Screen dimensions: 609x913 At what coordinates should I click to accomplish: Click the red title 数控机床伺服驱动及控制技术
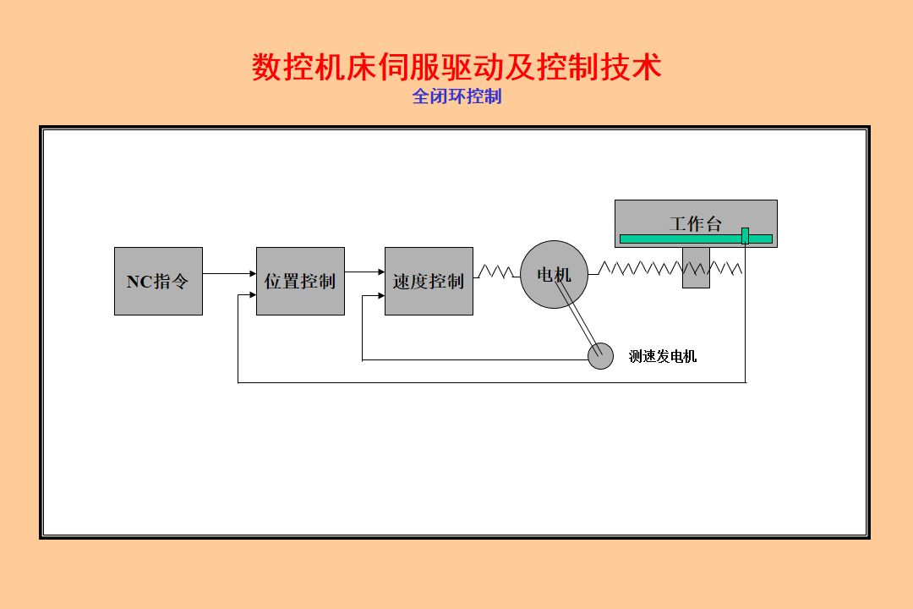pos(456,67)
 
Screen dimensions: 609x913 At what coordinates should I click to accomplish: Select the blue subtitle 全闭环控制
pos(456,96)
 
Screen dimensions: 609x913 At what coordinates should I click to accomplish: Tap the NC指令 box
pos(158,281)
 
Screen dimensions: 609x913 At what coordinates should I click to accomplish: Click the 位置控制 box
pos(300,281)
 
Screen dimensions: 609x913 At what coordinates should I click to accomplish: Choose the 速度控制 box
pos(429,281)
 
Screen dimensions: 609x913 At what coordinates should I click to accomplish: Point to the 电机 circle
pos(554,274)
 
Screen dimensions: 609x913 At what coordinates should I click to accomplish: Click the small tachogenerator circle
pos(601,356)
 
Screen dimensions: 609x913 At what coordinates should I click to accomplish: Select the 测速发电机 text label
pos(663,356)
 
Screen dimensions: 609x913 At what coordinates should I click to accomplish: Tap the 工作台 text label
pos(696,223)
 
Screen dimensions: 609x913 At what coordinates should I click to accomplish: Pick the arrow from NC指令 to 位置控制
pos(229,273)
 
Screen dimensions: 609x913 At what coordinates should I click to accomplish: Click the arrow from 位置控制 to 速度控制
pos(364,272)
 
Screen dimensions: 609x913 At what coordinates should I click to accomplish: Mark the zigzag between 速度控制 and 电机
pos(496,272)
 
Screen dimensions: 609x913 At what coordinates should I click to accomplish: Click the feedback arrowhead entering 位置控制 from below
pos(252,295)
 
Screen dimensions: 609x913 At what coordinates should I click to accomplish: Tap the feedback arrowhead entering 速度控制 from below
pos(380,296)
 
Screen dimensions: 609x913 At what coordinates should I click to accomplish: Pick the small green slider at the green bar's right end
pos(745,236)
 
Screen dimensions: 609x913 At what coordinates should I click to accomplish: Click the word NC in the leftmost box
pos(139,282)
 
